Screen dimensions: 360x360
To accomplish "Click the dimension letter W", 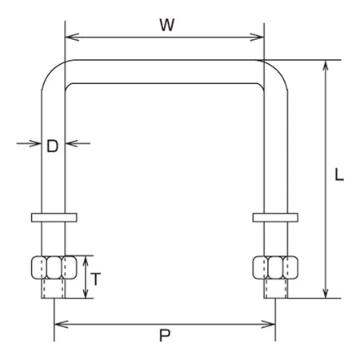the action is click(167, 25).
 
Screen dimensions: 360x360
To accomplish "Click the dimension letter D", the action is click(52, 146).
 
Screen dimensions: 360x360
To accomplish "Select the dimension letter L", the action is click(339, 174).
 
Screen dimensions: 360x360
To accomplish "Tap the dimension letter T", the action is click(95, 278).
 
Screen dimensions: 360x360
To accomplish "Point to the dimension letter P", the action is click(165, 335).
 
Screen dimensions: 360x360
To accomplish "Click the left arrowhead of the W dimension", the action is click(72, 37).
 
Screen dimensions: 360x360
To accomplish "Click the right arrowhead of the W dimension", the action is click(257, 37).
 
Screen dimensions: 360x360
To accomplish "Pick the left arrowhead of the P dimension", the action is click(62, 324).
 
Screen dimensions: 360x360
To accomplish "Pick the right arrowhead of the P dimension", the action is click(268, 324).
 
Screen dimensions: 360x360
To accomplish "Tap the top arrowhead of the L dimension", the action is click(326, 67).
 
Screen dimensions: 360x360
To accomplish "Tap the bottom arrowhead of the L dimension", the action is click(326, 291).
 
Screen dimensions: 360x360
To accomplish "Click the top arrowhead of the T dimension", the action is click(86, 263).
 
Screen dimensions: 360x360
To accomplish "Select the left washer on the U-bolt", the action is click(54, 218).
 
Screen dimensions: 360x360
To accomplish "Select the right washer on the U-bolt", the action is click(275, 218).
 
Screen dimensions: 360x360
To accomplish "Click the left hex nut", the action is click(54, 267).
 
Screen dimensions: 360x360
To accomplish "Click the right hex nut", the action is click(275, 267).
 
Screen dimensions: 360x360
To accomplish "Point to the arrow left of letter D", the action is click(29, 143).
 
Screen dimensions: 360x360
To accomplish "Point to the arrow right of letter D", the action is click(78, 143).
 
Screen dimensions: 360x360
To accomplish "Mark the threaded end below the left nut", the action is click(53, 289).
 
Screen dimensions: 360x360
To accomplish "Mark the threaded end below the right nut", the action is click(276, 289).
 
